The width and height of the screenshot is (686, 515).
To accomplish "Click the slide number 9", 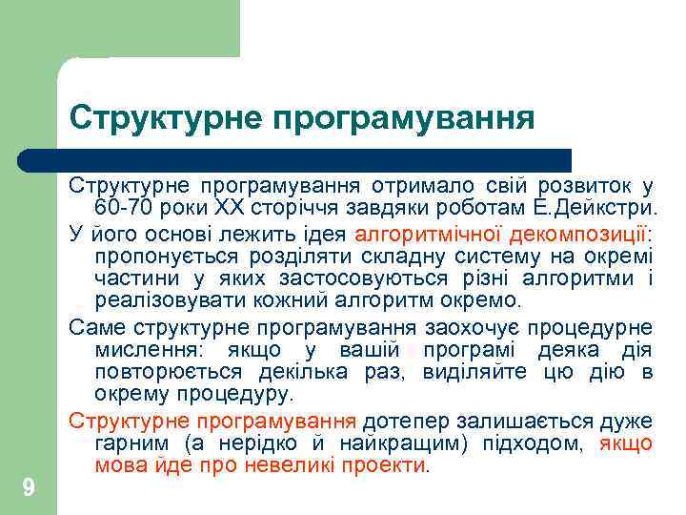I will click(29, 488).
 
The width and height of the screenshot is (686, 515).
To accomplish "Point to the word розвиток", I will click(587, 185).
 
